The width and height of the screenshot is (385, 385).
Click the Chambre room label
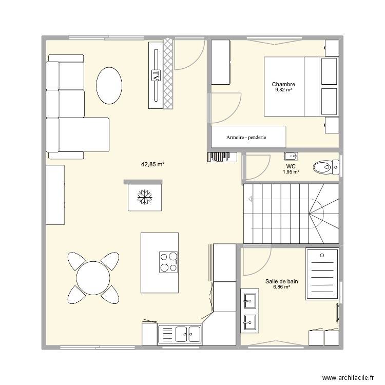[283, 84]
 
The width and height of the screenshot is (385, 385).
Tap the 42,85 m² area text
[153, 164]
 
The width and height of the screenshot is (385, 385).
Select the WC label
[291, 166]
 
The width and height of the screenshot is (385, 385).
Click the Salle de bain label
[282, 281]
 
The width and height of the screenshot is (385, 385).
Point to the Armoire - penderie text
[246, 137]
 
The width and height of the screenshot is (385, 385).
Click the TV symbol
[156, 75]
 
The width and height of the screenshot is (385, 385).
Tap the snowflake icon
[145, 197]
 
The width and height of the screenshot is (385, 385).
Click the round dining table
[93, 278]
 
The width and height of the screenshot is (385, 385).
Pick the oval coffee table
[109, 85]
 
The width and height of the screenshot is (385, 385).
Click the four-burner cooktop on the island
[168, 262]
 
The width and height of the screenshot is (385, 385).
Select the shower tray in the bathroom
[322, 274]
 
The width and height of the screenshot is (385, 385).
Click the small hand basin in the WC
[291, 156]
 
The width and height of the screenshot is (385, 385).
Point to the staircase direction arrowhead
[250, 199]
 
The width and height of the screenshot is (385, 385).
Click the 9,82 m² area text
[283, 90]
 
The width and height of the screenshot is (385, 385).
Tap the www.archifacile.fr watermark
[348, 377]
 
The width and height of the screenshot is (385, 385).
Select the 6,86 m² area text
[282, 286]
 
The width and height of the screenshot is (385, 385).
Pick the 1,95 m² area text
[291, 172]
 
